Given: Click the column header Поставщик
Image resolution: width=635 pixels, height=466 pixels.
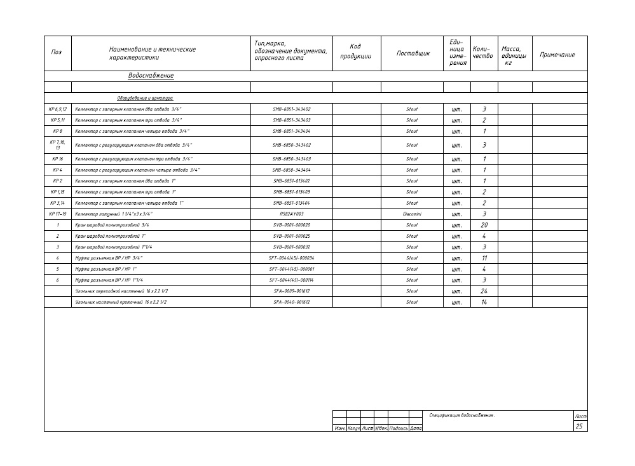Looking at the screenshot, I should (413, 53).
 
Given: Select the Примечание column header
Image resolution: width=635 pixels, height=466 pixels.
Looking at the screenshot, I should (557, 55).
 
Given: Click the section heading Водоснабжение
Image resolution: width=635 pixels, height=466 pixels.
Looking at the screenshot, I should (151, 76).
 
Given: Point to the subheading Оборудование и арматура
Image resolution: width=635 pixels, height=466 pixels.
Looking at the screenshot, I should (144, 98).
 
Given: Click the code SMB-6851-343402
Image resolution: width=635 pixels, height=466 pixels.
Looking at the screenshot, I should (292, 109).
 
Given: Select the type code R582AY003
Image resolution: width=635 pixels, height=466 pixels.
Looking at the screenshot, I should (292, 214).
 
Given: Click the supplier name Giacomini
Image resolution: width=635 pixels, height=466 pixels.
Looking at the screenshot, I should (412, 214).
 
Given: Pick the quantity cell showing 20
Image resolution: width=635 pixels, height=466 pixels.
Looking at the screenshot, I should (484, 225).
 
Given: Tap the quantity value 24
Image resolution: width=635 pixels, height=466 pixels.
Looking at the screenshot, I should (484, 291).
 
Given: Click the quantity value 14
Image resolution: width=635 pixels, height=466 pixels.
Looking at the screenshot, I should (484, 302).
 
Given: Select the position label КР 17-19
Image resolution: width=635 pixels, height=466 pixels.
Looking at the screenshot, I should (57, 214).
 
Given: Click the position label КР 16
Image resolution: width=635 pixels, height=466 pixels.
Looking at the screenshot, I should (57, 159).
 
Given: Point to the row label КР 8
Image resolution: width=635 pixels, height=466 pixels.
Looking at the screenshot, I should (57, 131).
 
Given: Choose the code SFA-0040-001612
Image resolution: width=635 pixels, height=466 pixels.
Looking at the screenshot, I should (292, 302).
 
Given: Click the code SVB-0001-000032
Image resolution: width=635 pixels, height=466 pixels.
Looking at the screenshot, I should (292, 247).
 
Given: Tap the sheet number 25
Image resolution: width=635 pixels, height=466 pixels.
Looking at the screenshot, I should (579, 427).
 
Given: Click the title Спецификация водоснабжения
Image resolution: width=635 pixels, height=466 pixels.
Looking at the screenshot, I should (461, 415).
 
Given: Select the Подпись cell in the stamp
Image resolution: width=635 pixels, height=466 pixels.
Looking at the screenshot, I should (398, 428).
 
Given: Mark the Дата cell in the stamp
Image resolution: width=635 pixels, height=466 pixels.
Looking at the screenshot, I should (416, 428).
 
